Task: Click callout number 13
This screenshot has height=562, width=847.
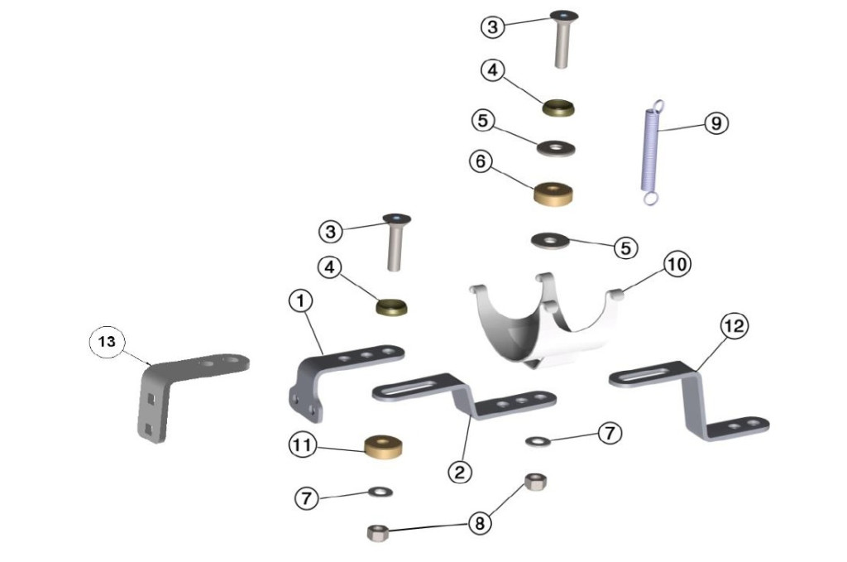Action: [107, 342]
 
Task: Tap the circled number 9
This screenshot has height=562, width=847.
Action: [715, 123]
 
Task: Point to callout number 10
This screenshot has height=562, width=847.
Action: [677, 265]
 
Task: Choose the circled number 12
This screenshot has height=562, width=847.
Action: [735, 326]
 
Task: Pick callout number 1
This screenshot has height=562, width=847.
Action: [301, 300]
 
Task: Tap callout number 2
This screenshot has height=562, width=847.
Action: [460, 473]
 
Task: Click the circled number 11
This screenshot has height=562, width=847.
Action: [302, 445]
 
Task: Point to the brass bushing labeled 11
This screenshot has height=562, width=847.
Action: [384, 446]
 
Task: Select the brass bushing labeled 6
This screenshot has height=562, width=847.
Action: [553, 194]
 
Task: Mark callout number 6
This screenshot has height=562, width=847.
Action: [481, 161]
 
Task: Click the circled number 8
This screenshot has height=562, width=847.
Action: [480, 523]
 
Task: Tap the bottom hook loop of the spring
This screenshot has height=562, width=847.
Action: [650, 199]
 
